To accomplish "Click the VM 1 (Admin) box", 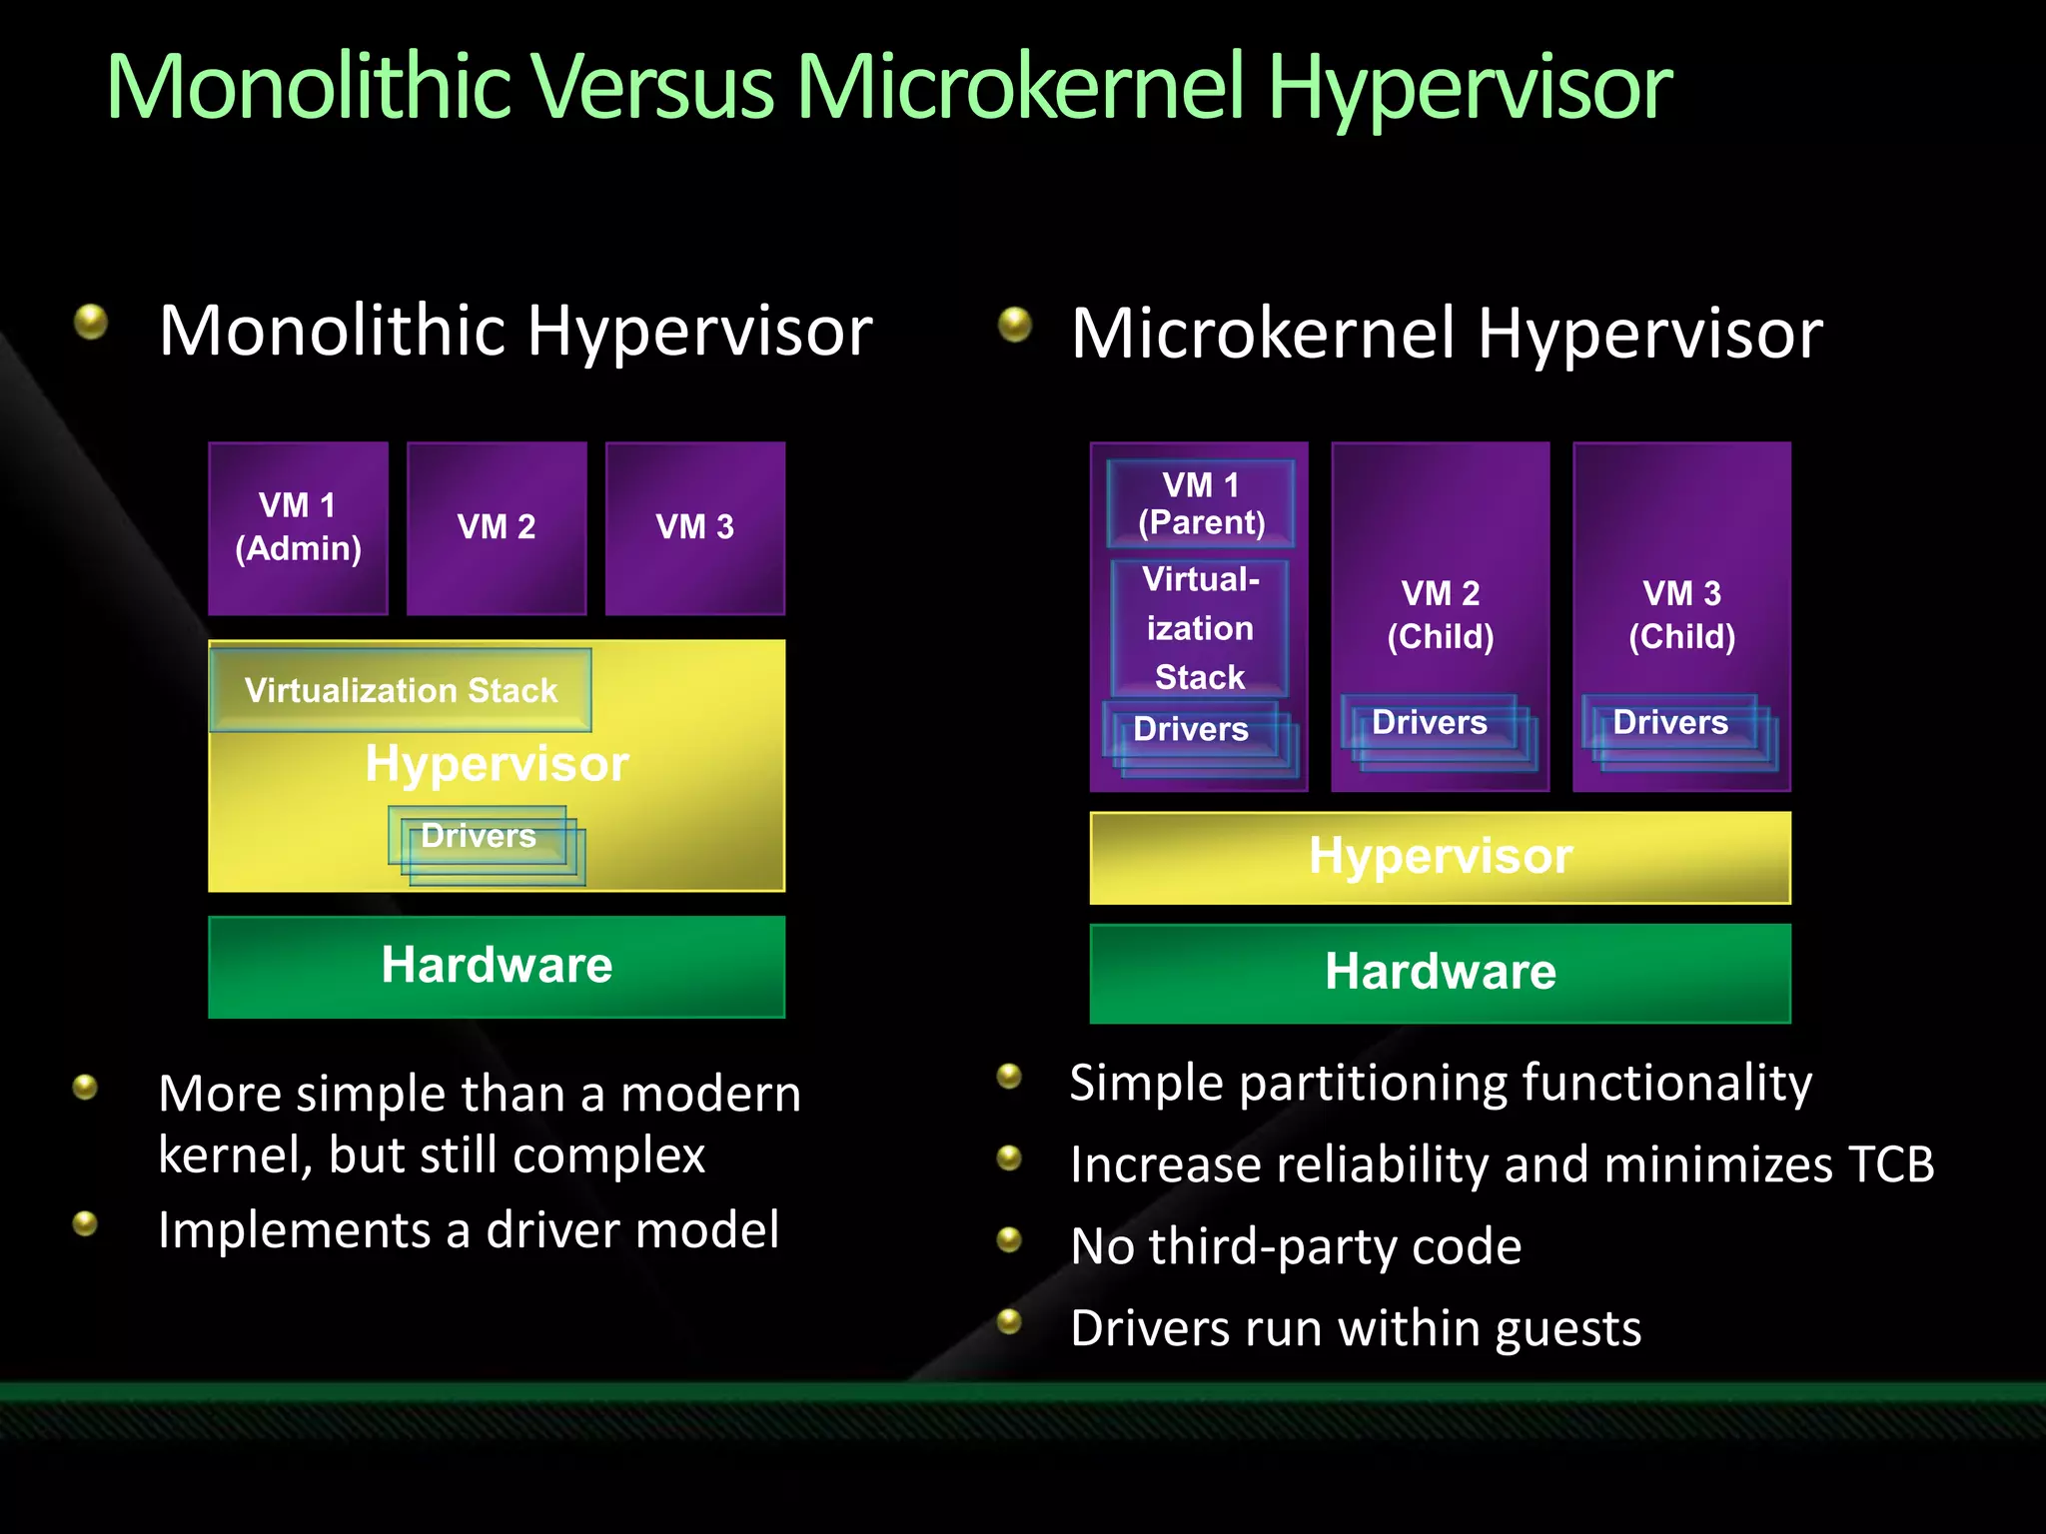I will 298,527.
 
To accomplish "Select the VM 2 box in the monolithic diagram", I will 497,527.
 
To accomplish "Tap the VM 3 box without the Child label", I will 695,527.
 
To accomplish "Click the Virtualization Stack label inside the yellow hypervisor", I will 401,690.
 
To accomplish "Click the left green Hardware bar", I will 497,966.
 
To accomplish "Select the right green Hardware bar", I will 1440,972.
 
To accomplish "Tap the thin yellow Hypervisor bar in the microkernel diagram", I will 1440,857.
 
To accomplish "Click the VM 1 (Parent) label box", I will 1201,503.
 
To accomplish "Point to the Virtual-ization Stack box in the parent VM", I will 1200,628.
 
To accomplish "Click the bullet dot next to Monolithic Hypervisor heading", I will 91,322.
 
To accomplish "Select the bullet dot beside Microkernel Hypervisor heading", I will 1015,324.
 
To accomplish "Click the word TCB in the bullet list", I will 1890,1164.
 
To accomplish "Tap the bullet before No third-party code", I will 1010,1239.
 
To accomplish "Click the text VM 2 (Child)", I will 1440,614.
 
